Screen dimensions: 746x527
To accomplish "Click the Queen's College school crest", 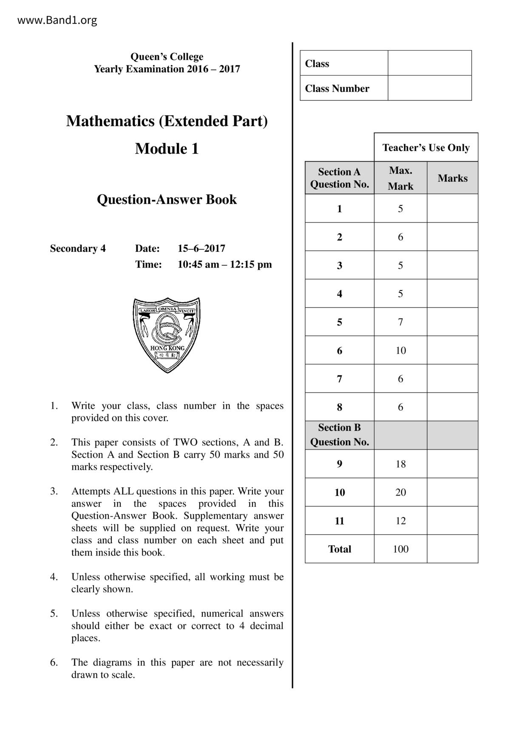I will pos(167,335).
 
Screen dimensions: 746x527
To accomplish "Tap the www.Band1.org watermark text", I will pos(57,20).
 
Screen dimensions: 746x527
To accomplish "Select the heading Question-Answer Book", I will pos(167,199).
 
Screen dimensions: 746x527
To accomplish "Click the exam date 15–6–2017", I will pos(201,248).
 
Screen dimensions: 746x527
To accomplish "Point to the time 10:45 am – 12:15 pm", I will pos(224,265).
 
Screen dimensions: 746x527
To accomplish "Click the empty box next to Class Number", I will pos(429,88).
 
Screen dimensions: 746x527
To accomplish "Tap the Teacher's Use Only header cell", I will pos(426,148).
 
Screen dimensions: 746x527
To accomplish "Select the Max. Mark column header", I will pos(400,178).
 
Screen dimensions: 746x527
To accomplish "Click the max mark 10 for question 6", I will pos(400,350).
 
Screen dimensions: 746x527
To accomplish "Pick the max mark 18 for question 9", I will pos(400,464).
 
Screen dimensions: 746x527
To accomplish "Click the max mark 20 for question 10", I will pos(400,493).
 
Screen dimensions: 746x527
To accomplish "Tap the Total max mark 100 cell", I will pos(400,549).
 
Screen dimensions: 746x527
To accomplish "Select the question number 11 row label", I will pos(339,521).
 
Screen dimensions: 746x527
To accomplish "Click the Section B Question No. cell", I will pos(339,435).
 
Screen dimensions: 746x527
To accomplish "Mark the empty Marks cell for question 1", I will pos(452,208).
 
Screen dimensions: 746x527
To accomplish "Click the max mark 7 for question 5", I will pos(400,322).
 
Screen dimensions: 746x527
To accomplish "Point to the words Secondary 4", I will pos(78,248).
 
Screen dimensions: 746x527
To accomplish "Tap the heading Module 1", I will pos(167,149).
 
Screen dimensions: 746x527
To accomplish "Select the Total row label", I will pos(339,549).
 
